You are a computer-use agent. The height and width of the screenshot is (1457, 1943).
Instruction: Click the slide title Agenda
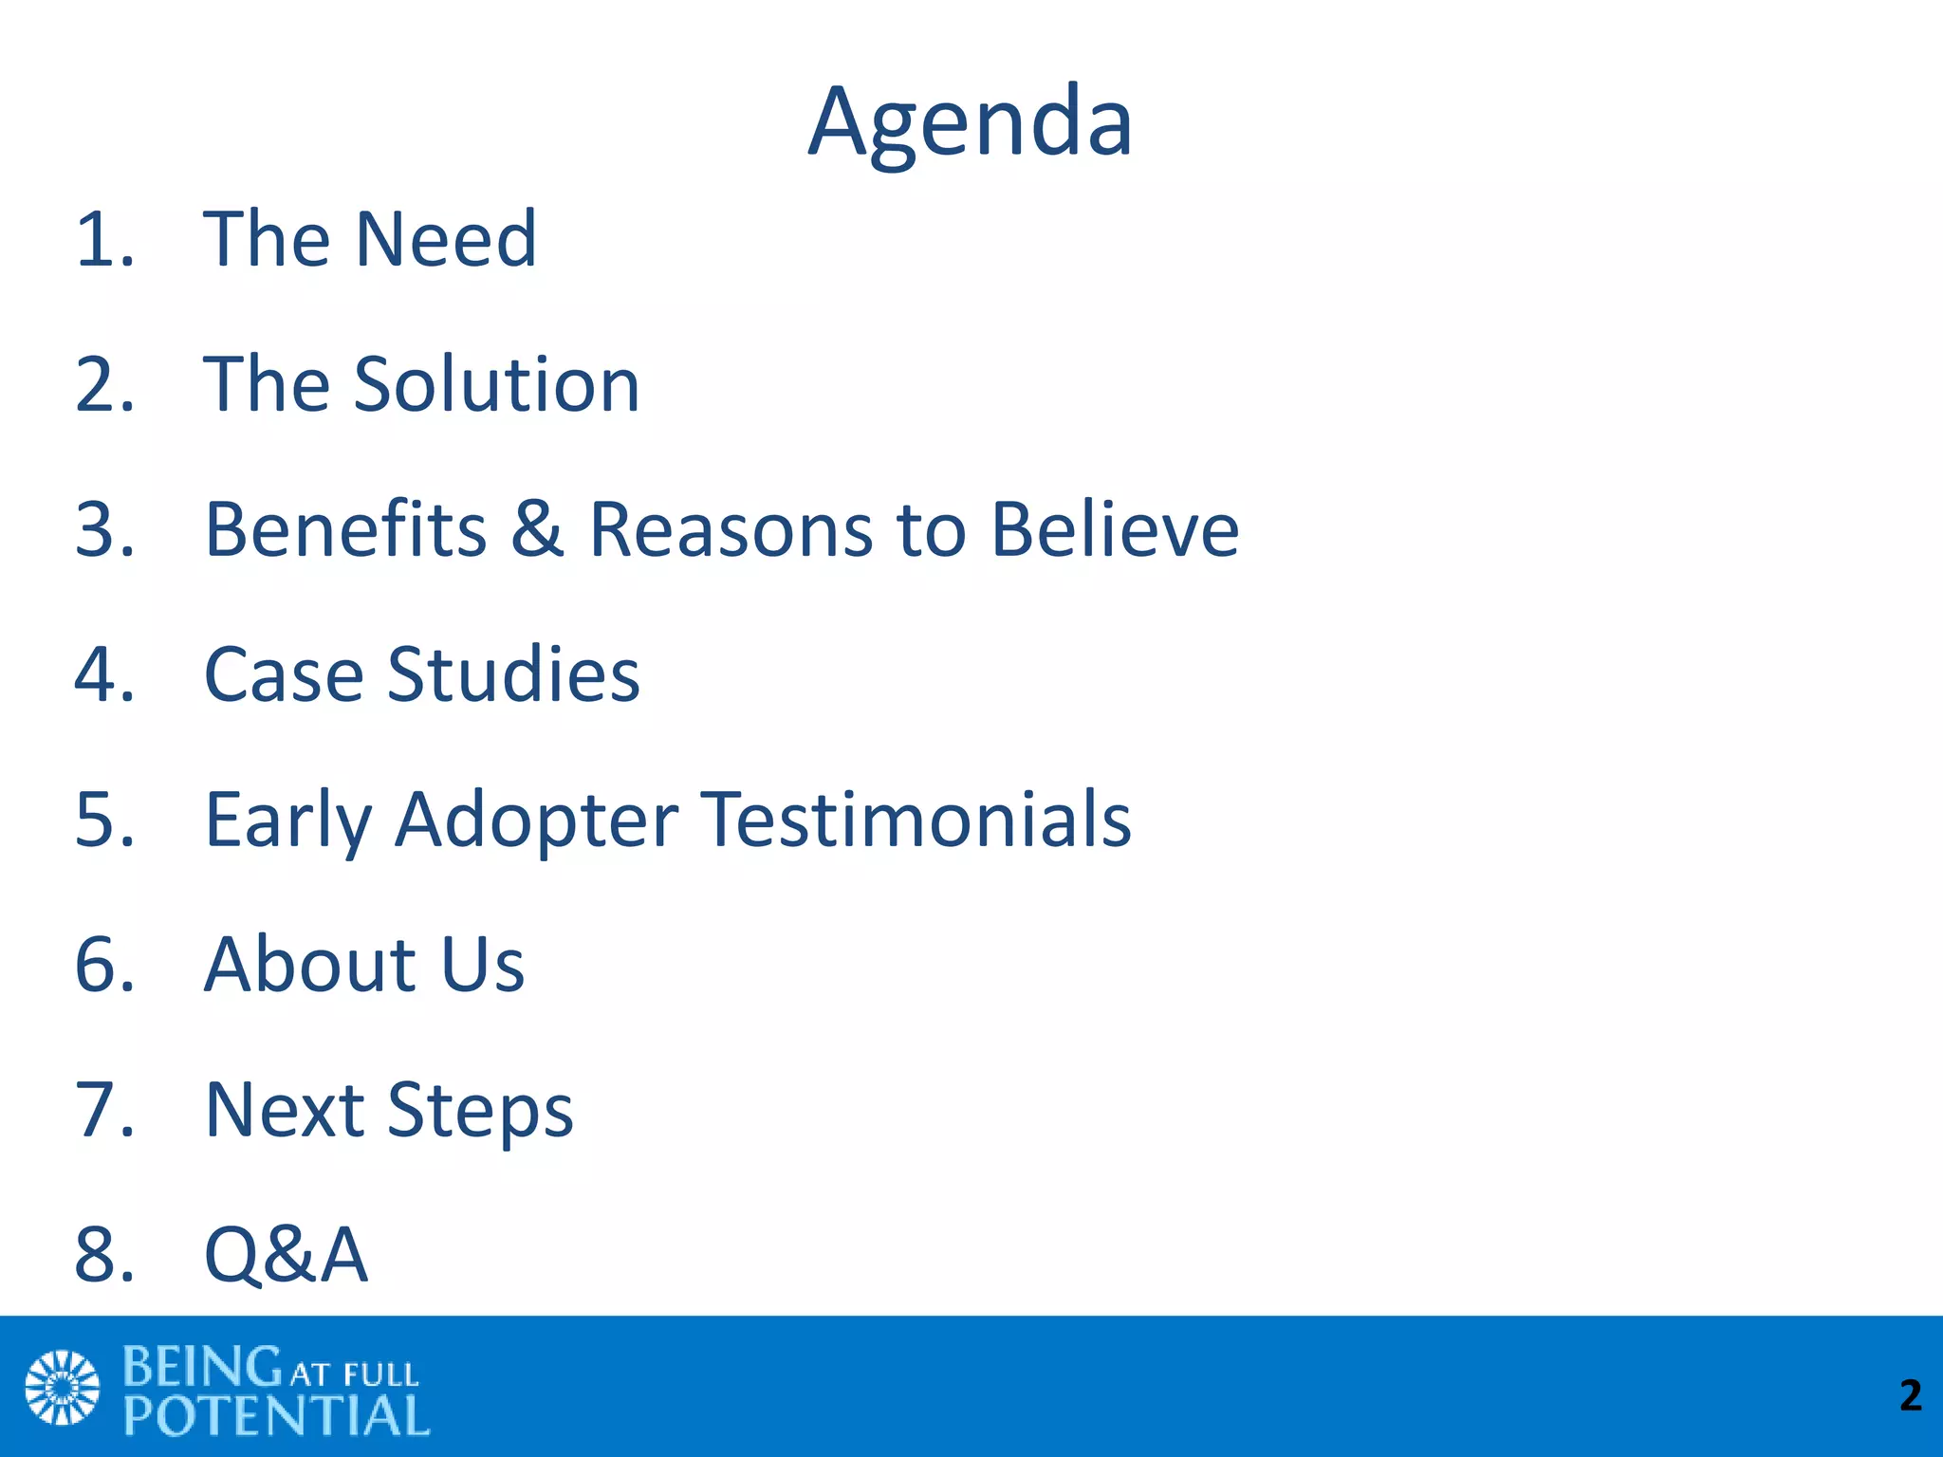pyautogui.click(x=970, y=123)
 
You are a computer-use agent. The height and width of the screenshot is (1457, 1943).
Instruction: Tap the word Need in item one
pyautogui.click(x=446, y=239)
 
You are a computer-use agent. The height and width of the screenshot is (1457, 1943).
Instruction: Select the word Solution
pyautogui.click(x=497, y=384)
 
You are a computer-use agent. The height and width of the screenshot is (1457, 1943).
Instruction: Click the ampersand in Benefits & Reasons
pyautogui.click(x=537, y=528)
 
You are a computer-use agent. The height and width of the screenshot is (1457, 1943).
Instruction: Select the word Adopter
pyautogui.click(x=537, y=821)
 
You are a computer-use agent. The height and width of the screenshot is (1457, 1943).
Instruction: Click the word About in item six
pyautogui.click(x=310, y=965)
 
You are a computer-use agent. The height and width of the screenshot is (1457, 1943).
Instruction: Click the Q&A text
pyautogui.click(x=286, y=1255)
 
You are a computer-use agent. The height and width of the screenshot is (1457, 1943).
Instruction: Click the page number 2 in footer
pyautogui.click(x=1910, y=1395)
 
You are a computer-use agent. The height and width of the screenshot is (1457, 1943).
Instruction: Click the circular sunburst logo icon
pyautogui.click(x=62, y=1387)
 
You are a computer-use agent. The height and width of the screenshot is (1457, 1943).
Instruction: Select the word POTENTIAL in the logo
pyautogui.click(x=276, y=1416)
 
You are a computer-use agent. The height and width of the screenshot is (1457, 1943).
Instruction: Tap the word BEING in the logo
pyautogui.click(x=202, y=1367)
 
